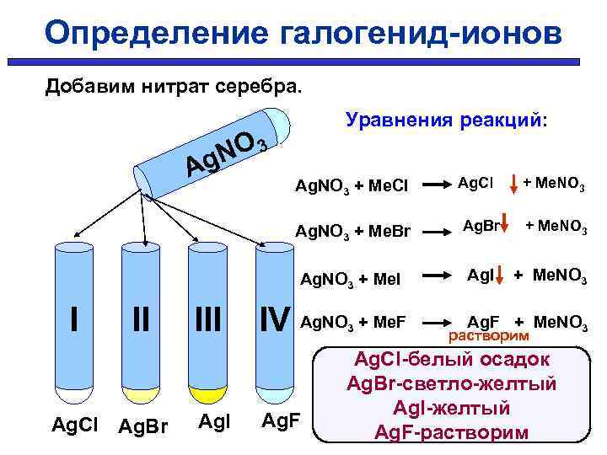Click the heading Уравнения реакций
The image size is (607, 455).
tap(446, 120)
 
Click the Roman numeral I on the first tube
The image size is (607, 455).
tap(74, 319)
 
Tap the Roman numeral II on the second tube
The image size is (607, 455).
tap(140, 319)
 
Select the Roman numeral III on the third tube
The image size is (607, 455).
tap(206, 319)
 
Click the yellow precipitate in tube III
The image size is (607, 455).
tap(207, 393)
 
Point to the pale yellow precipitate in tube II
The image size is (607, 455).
tap(141, 393)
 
